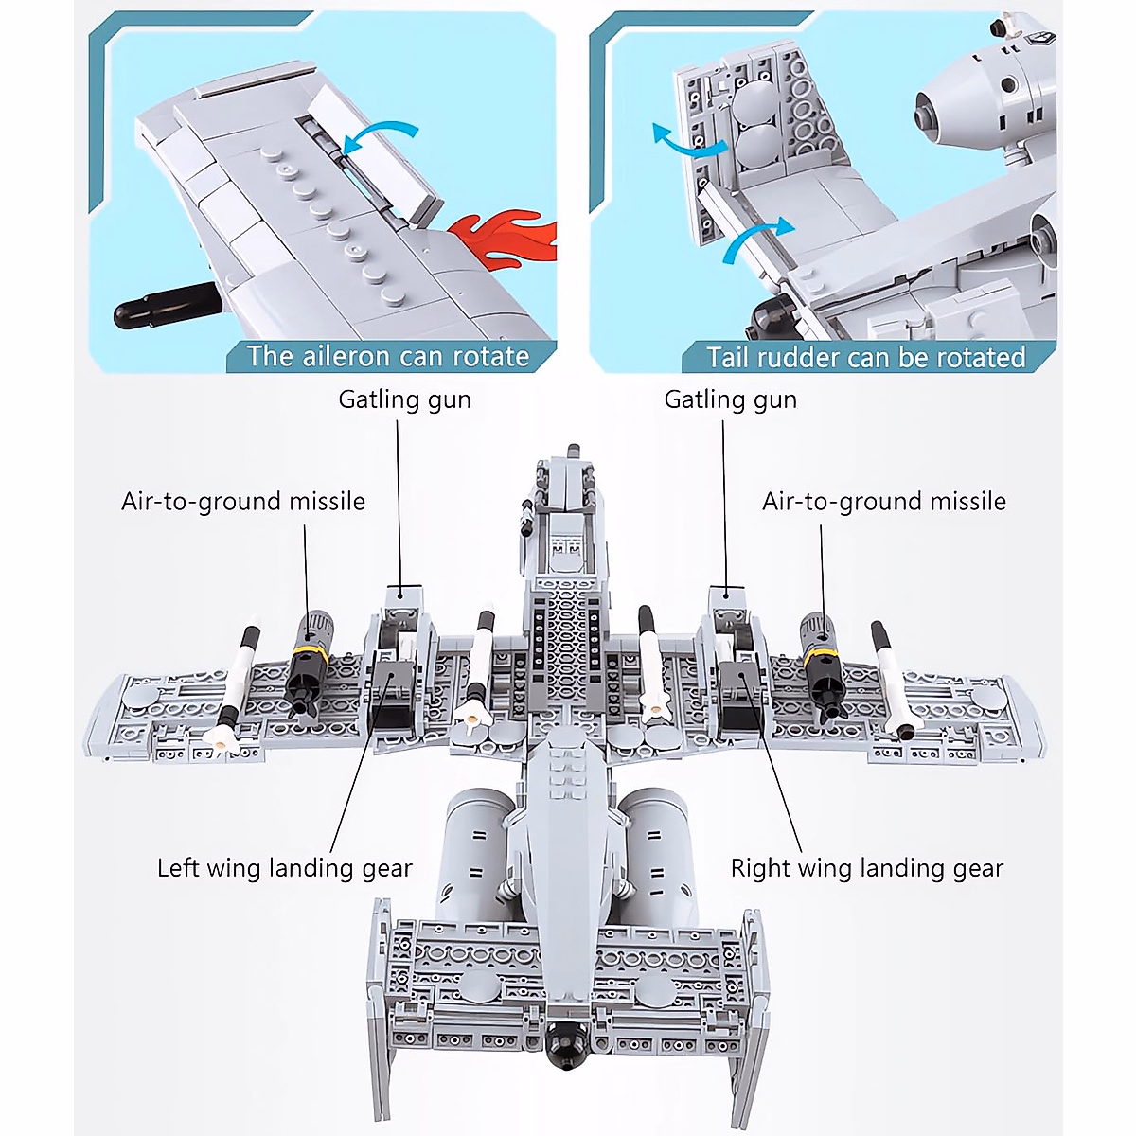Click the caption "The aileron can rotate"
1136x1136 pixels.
pyautogui.click(x=387, y=357)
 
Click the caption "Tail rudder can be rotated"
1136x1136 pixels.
pyautogui.click(x=865, y=357)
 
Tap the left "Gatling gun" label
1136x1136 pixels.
pyautogui.click(x=404, y=399)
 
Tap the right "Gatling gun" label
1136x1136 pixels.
pyautogui.click(x=730, y=399)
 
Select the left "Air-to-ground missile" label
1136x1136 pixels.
pyautogui.click(x=243, y=501)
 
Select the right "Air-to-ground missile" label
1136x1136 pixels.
pyautogui.click(x=884, y=501)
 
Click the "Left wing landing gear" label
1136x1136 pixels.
pyautogui.click(x=285, y=868)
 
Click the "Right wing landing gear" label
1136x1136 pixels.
pyautogui.click(x=866, y=868)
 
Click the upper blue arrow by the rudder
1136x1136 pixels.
pyautogui.click(x=687, y=141)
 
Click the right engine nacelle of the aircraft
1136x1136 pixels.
pyautogui.click(x=654, y=852)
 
